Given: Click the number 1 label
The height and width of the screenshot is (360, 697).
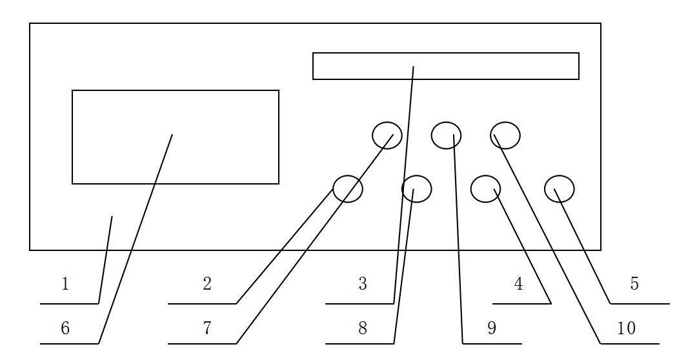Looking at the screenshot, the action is pos(65,284).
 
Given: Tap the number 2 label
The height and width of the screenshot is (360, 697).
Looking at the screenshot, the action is pos(207,284).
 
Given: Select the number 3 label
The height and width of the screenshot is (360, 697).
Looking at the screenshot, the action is pos(363,284).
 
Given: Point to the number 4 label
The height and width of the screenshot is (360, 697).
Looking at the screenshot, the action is pos(518,284).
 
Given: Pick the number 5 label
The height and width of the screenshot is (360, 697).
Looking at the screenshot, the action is pos(634,284).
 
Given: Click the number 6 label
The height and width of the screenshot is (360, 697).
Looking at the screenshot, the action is pos(65,328).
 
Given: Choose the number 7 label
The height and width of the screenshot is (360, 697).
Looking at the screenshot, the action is pos(207,328).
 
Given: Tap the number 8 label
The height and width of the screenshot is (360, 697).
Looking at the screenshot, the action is pos(363,328).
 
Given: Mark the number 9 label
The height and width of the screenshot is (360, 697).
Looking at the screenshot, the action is pos(492,328).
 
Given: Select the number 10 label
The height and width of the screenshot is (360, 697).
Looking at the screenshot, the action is pos(627,328).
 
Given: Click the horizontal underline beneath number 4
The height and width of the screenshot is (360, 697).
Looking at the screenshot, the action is pos(522,304).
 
